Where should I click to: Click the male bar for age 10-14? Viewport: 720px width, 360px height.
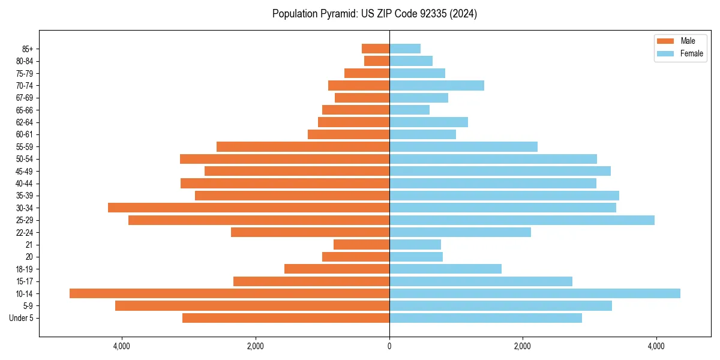coord(229,293)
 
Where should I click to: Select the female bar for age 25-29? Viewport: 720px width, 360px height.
coord(521,220)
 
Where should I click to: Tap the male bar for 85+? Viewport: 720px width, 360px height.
coord(376,49)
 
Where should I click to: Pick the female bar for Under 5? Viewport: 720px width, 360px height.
coord(485,318)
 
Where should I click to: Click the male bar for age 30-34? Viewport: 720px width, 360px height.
coord(248,208)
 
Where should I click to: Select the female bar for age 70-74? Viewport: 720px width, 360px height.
coord(437,85)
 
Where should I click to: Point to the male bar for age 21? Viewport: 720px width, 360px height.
coord(361,244)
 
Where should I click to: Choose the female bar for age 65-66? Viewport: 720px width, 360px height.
coord(409,110)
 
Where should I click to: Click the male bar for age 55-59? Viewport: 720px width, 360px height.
coord(303,146)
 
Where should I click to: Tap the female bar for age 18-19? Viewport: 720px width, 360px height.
coord(445,269)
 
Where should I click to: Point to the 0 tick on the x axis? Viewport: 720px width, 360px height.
coord(389,346)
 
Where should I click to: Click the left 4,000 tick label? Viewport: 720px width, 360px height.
coord(122,346)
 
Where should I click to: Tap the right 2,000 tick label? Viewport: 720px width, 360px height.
coord(523,346)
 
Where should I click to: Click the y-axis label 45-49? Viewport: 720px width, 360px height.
coord(24,171)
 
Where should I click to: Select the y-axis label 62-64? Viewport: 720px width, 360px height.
coord(24,122)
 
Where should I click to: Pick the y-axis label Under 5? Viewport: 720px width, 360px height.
coord(22,318)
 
